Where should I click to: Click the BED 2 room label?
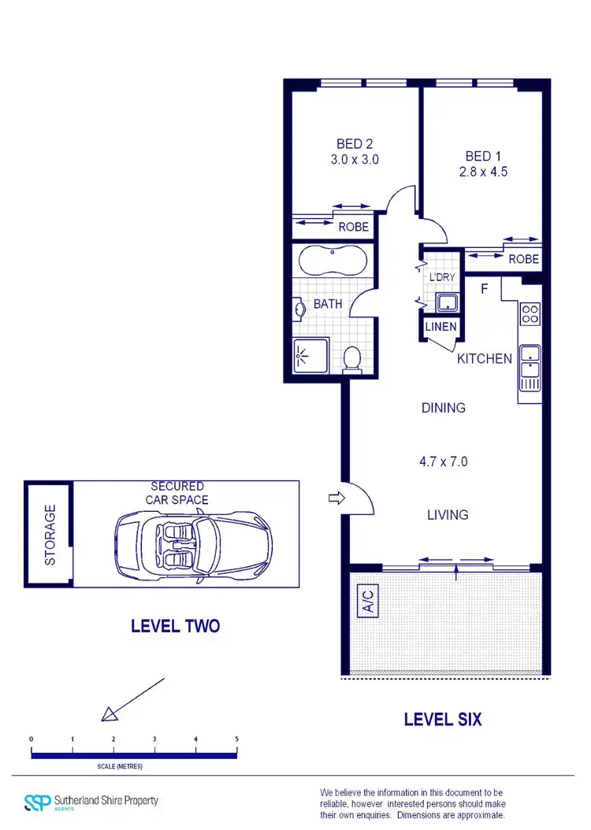click(354, 144)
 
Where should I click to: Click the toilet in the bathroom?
click(352, 359)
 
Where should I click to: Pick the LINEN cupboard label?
click(440, 327)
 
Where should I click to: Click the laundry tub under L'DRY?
click(447, 302)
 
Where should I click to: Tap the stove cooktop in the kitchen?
click(530, 314)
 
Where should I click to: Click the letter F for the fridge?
click(485, 289)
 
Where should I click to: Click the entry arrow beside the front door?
click(335, 498)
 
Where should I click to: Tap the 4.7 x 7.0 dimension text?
click(442, 461)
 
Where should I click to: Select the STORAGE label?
click(50, 535)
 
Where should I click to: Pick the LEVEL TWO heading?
click(175, 627)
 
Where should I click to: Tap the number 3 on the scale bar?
click(154, 739)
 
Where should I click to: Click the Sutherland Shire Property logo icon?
click(36, 802)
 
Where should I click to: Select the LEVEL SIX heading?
click(442, 719)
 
